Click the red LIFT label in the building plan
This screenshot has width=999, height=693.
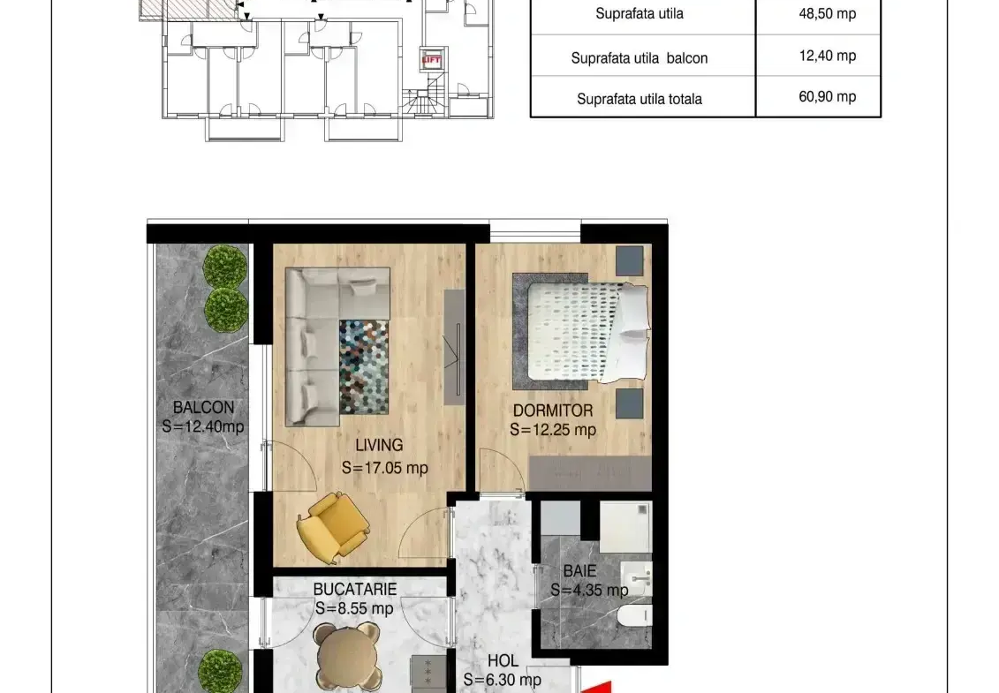pos(431,60)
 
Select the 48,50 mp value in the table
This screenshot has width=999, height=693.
pos(827,13)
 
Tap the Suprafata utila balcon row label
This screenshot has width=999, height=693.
pos(639,58)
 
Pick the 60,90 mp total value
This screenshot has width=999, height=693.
pos(827,97)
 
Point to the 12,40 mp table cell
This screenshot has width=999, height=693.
pos(827,56)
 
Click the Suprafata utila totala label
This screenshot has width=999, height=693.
pos(639,100)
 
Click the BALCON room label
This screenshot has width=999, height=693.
pos(203,408)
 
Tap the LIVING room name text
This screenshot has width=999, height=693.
pos(379,445)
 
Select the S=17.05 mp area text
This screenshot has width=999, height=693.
pos(385,468)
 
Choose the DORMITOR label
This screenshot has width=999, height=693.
pos(553,411)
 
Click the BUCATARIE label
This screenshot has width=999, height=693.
pos(355,590)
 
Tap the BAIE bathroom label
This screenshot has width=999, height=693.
pos(579,571)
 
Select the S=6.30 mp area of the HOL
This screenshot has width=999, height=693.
pos(503,681)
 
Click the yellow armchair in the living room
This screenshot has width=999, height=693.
pos(333,526)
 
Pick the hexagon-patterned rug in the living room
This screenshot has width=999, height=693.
pos(364,367)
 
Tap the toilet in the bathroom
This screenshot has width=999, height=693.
pos(634,615)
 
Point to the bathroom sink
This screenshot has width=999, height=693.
pos(637,578)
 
